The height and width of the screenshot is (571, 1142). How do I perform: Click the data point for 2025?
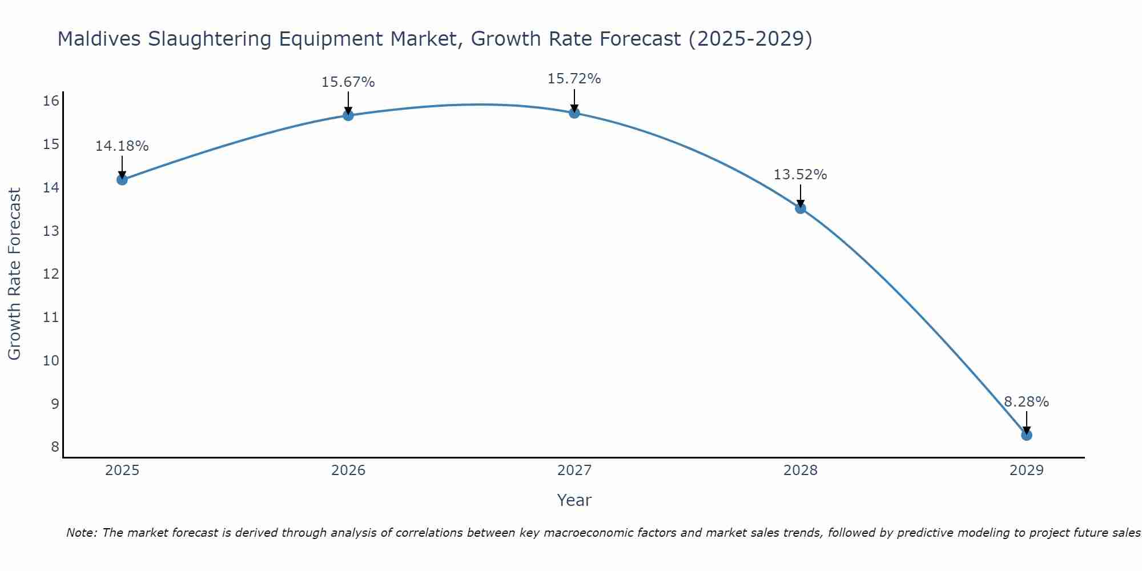point(122,180)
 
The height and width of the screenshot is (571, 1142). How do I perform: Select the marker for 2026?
point(348,115)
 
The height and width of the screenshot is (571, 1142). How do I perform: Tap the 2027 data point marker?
point(574,113)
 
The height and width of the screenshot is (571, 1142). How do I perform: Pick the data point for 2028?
point(801,208)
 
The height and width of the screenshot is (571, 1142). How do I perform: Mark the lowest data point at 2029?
point(1027,435)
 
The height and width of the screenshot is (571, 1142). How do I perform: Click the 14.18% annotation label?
point(122,146)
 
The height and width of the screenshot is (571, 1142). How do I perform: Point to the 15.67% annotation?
point(348,82)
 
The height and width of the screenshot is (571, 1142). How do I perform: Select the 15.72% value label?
point(574,79)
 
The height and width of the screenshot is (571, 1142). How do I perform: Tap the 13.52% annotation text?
point(800,175)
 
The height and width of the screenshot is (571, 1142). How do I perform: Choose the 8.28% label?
point(1026,402)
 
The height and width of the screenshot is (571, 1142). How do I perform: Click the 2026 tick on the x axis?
point(348,471)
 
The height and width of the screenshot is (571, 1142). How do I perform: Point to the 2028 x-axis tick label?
point(801,471)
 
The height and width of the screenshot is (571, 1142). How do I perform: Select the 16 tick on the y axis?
point(51,101)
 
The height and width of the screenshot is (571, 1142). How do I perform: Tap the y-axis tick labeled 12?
point(51,274)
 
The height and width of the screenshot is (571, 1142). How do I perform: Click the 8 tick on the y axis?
point(55,447)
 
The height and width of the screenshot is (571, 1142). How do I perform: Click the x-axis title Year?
point(574,500)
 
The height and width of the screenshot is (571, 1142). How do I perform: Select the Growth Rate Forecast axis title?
point(14,274)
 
